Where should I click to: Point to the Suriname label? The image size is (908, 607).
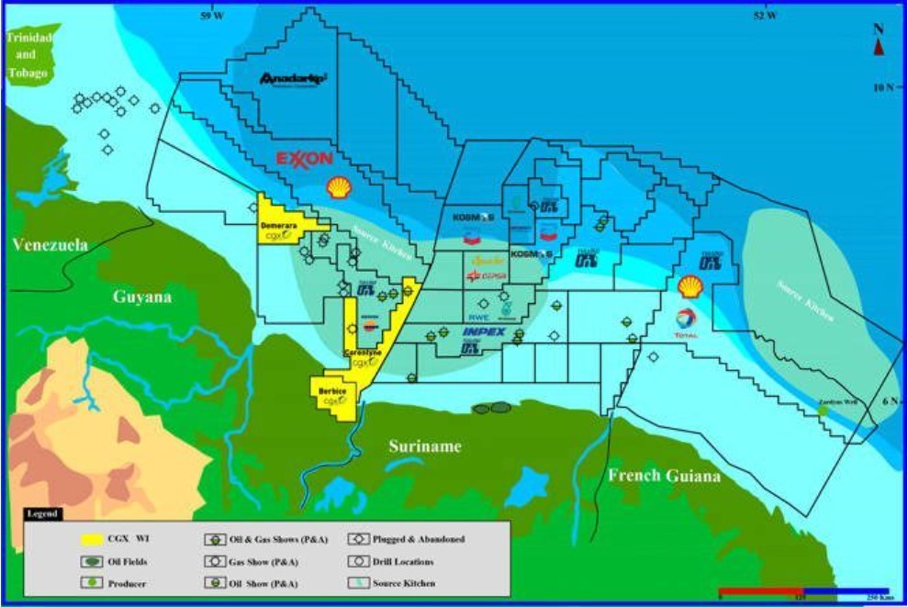click(423, 446)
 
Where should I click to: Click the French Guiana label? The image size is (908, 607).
click(664, 475)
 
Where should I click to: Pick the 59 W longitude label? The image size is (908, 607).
click(212, 15)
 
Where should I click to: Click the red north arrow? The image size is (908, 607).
click(879, 47)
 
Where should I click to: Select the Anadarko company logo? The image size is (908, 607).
click(294, 80)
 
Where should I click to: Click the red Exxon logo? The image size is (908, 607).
click(304, 159)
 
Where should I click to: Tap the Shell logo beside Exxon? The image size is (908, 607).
click(339, 187)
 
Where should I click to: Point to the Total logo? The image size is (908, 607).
click(686, 322)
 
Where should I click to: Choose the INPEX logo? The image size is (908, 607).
click(484, 331)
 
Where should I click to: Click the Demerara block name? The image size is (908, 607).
click(278, 225)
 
